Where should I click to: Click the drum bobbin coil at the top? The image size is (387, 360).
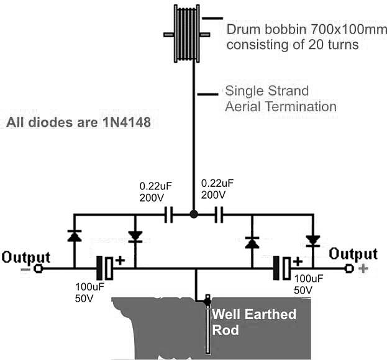187,34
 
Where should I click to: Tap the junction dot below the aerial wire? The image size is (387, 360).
194,214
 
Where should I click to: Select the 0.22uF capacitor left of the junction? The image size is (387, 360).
169,215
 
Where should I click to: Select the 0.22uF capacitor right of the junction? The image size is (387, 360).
219,215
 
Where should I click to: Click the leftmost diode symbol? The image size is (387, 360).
75,236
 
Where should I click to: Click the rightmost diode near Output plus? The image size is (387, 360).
313,241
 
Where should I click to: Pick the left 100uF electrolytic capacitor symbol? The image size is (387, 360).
105,268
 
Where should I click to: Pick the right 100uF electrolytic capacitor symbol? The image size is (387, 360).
283,268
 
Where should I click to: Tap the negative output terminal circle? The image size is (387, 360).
39,268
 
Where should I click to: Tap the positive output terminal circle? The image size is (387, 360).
349,268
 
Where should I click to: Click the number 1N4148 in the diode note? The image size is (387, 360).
127,122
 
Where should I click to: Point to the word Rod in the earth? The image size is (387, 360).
225,330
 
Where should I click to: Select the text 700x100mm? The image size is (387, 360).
348,30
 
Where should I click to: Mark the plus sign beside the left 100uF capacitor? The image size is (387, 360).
120,261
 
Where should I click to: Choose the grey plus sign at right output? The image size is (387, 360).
363,269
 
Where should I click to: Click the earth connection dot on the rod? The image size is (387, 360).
207,301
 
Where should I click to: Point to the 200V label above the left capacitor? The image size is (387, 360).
152,198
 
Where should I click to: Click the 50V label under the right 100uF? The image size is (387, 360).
303,290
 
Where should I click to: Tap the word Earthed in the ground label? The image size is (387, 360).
271,315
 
